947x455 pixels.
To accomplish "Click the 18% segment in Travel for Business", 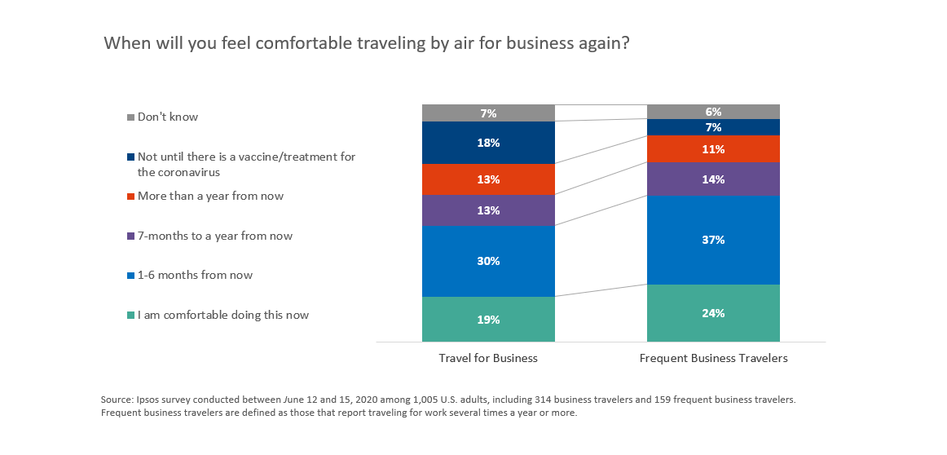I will click(488, 143).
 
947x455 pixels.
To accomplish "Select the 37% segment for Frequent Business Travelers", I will click(713, 240).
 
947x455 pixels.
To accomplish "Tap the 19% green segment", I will click(488, 319).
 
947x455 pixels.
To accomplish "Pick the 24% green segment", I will click(713, 313).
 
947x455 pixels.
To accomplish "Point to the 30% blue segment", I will click(488, 261).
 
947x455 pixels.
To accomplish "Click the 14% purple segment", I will click(713, 179).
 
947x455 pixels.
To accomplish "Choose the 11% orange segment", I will click(713, 149).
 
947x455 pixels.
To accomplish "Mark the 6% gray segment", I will click(713, 112).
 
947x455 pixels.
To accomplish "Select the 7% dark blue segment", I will click(713, 127).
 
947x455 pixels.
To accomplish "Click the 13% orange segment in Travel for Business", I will click(488, 179).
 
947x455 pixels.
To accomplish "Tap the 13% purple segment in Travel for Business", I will click(488, 210).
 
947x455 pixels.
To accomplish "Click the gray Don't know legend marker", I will click(130, 117).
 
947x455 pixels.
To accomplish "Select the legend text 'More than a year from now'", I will click(210, 197).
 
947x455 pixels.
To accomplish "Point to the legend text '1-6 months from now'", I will click(195, 276).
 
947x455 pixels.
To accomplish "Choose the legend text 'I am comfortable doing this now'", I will click(223, 315).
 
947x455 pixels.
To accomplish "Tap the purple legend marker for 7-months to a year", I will click(130, 236).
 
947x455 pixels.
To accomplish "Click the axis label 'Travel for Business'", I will click(488, 358).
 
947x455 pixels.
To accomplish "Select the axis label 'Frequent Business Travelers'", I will click(713, 358).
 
